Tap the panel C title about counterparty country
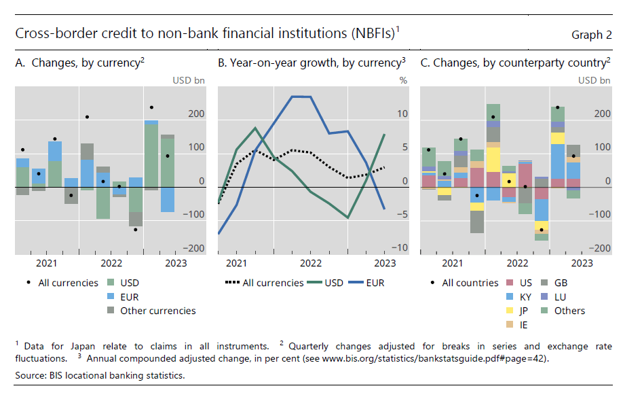(x=520, y=63)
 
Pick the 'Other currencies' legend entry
(x=157, y=311)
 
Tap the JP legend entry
(x=520, y=311)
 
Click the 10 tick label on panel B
(x=403, y=114)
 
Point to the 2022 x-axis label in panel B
(x=311, y=264)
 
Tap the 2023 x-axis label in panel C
(x=582, y=264)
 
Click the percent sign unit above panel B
(x=403, y=80)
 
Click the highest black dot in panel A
(x=151, y=107)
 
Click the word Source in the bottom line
(x=31, y=375)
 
